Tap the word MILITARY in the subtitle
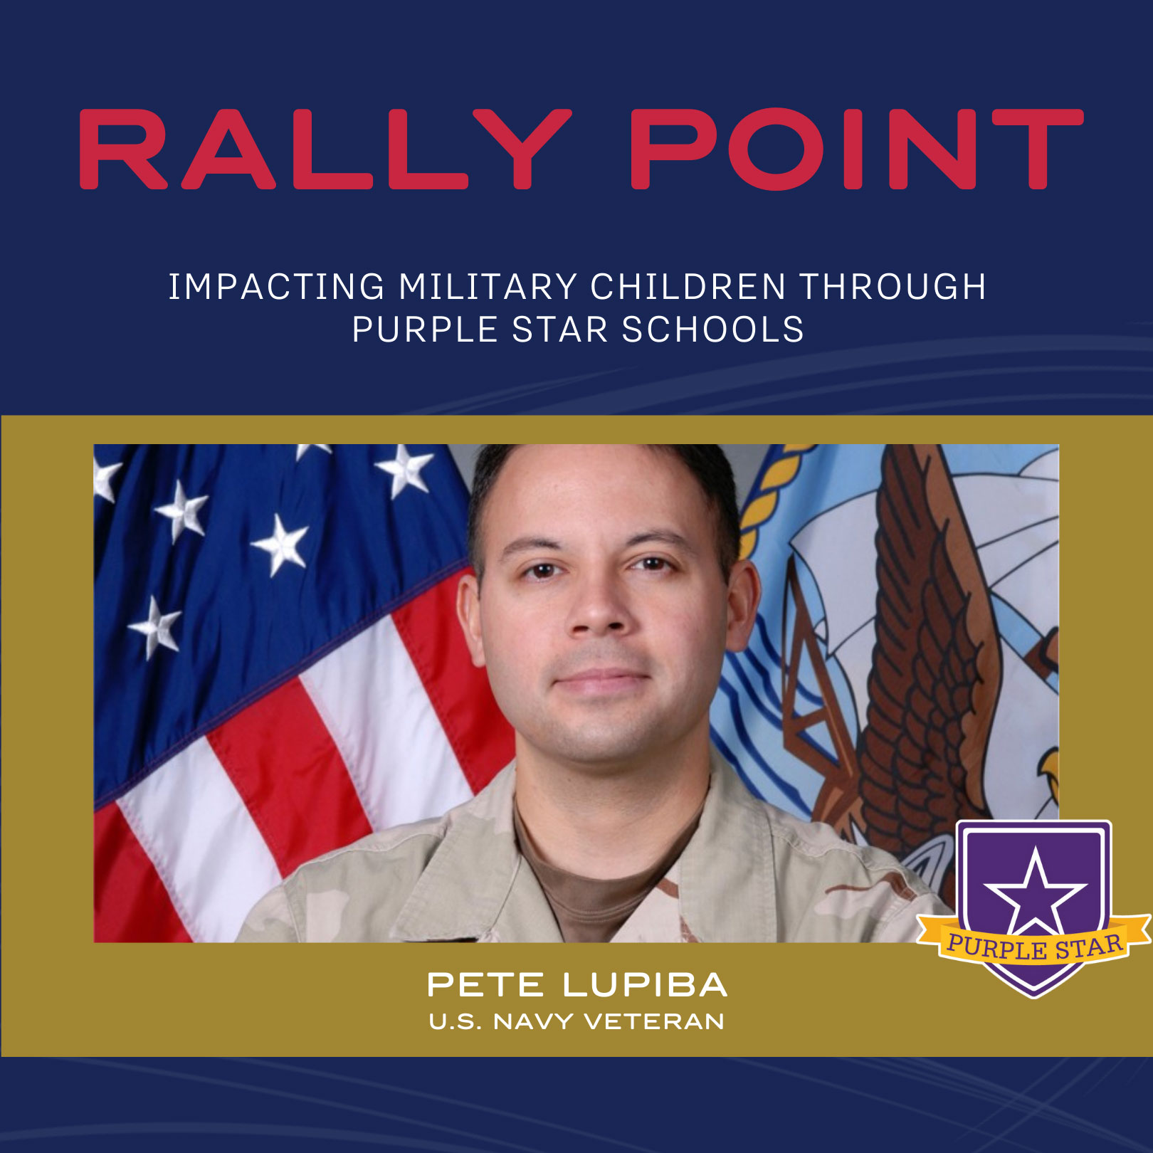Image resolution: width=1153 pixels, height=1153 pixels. point(488,287)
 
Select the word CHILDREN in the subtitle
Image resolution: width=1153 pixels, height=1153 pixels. point(688,287)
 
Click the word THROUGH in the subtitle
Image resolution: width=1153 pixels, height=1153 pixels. point(893,287)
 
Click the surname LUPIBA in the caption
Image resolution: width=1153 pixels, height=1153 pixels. point(645,985)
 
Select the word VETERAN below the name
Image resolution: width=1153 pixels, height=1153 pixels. point(654,1022)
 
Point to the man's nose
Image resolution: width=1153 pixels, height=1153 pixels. point(599,612)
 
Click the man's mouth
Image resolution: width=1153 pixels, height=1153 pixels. point(602,681)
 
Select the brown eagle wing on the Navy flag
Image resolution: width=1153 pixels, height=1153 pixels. point(925,641)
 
